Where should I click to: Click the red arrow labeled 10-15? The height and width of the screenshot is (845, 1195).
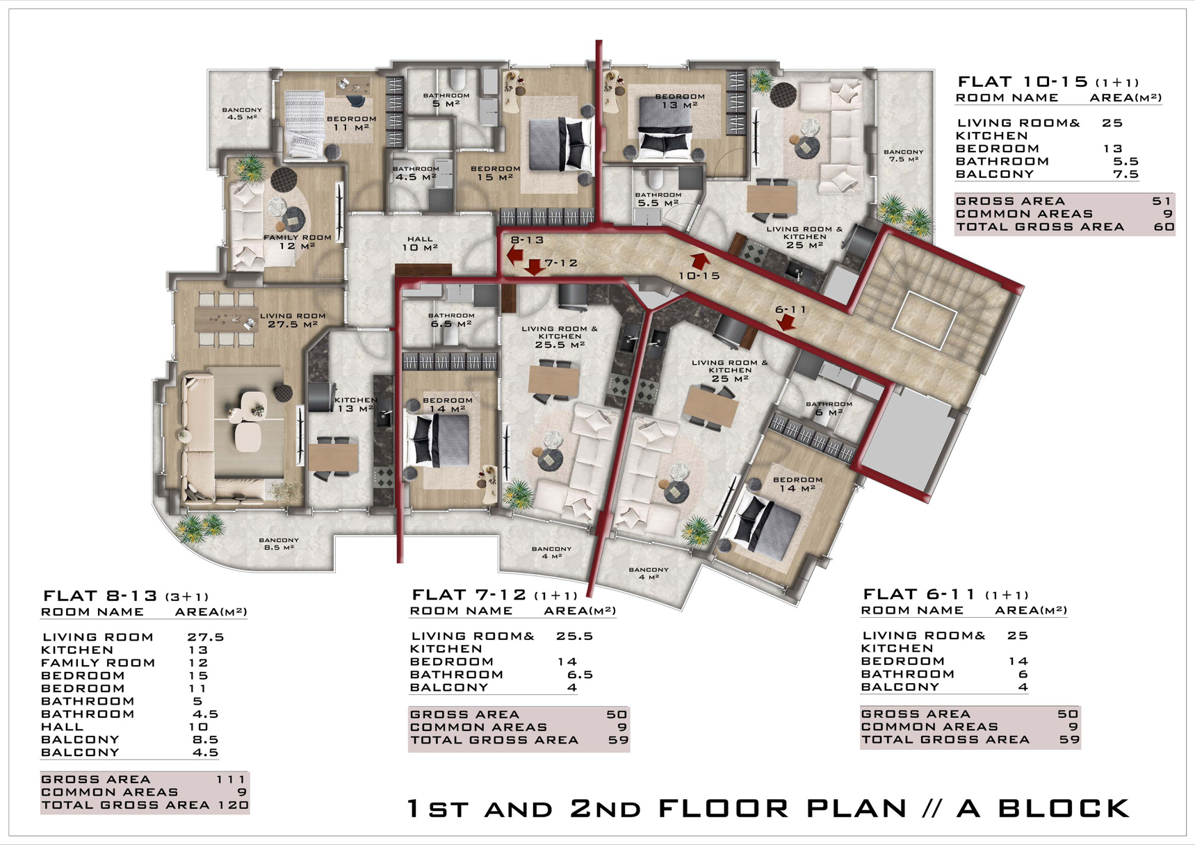(x=700, y=261)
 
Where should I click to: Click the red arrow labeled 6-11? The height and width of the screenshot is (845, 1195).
(x=786, y=322)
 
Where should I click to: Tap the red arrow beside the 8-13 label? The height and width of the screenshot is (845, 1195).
(x=515, y=256)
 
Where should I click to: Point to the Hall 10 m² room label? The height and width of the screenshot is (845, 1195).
(x=419, y=243)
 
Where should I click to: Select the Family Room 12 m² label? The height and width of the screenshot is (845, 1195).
(x=298, y=241)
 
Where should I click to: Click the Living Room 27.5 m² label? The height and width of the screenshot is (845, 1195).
(x=293, y=320)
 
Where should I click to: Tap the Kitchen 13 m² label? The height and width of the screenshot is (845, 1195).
(x=356, y=404)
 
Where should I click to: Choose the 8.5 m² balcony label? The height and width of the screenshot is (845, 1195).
(x=279, y=543)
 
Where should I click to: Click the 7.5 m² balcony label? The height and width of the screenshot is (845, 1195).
(x=904, y=155)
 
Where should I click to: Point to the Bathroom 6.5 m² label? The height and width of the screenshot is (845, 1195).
(x=451, y=320)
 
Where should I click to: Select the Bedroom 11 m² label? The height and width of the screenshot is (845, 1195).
(x=351, y=123)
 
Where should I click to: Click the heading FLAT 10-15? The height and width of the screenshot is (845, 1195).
(x=1023, y=82)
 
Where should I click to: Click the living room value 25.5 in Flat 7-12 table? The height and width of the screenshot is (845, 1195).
(x=575, y=636)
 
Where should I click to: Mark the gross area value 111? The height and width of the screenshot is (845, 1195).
(x=231, y=779)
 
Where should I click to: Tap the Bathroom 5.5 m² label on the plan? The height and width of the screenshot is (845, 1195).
(x=658, y=199)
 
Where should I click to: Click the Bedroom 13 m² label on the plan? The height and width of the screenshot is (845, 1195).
(x=679, y=101)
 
